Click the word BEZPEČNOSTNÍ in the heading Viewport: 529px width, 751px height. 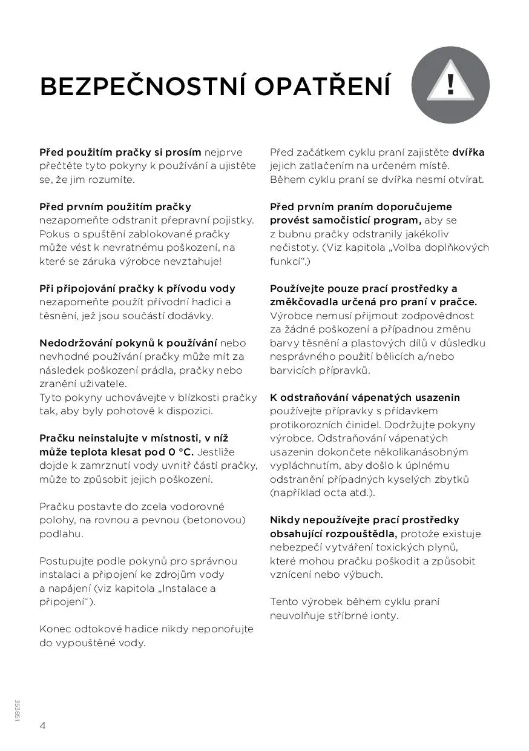(x=142, y=87)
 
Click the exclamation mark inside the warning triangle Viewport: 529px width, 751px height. (x=450, y=84)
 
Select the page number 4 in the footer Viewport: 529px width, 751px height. (x=43, y=726)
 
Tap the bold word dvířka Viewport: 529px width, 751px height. (x=468, y=152)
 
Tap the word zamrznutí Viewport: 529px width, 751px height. (x=107, y=465)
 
